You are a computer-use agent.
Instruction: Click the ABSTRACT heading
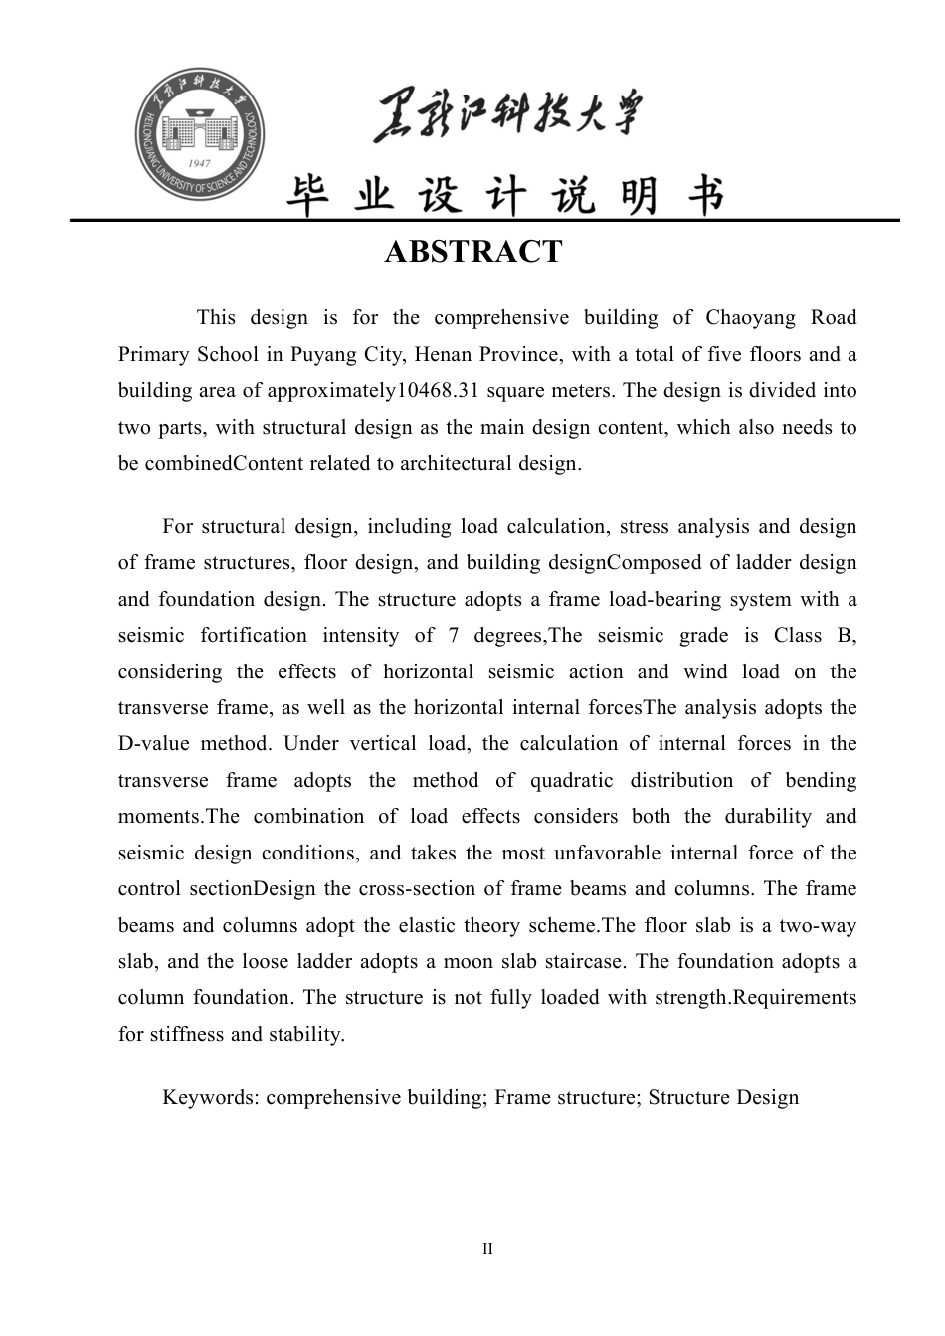pos(472,252)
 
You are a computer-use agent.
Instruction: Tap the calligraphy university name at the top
pos(508,117)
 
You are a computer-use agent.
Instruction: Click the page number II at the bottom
pos(487,1249)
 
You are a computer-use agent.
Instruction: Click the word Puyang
pos(322,355)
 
